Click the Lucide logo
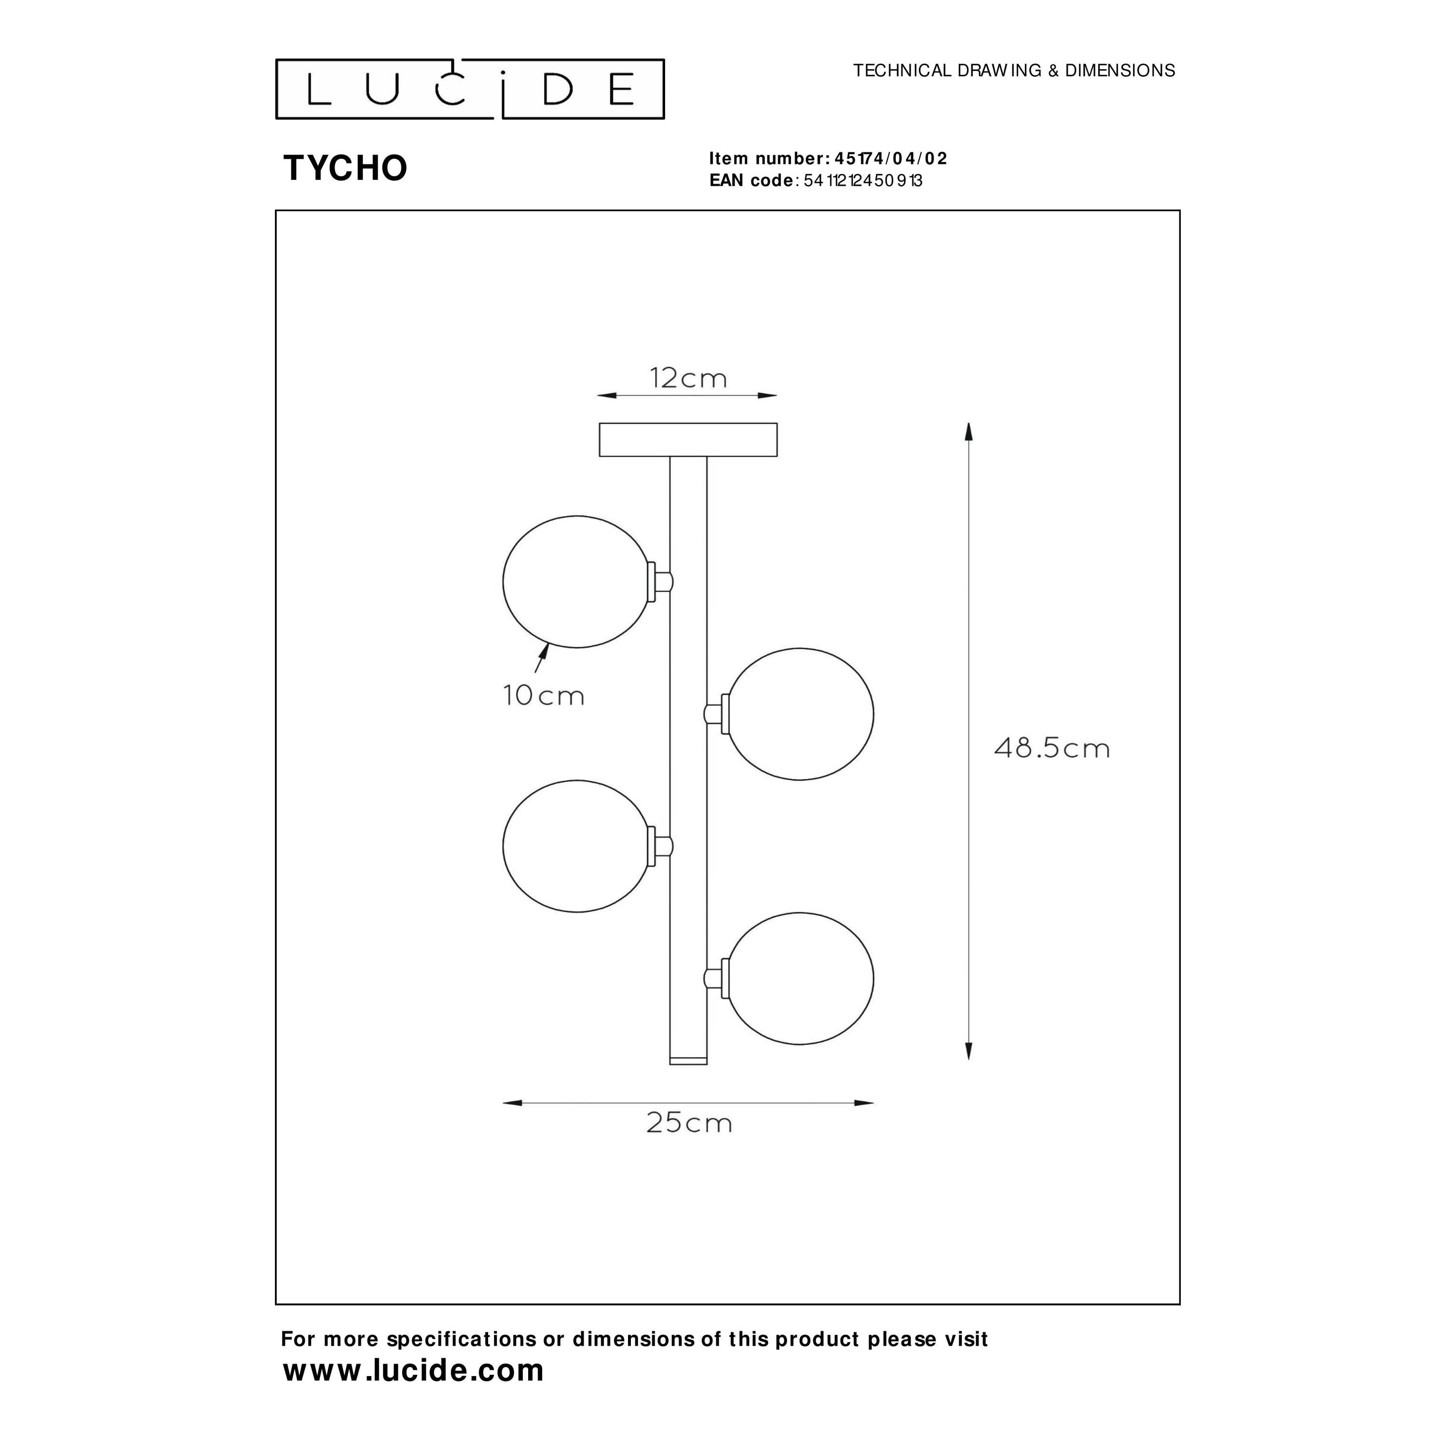(470, 89)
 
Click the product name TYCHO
(345, 168)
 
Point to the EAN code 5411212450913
(863, 180)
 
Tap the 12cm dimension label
(688, 378)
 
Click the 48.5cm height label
(1051, 748)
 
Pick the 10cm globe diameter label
(544, 696)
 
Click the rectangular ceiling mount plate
(687, 439)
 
